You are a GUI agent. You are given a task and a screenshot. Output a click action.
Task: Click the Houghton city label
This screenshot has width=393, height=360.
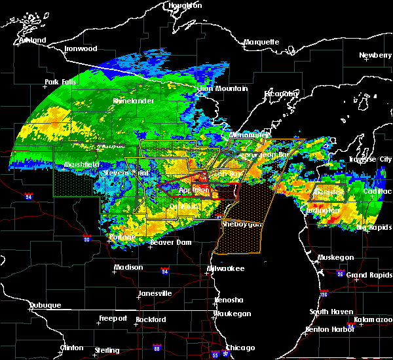point(185,5)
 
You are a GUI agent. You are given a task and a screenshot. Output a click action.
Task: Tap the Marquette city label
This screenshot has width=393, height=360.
point(261,43)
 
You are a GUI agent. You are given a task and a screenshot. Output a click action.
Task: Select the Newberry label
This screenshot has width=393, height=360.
point(375,56)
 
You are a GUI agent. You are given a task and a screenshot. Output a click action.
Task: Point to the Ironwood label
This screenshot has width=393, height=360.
point(81,49)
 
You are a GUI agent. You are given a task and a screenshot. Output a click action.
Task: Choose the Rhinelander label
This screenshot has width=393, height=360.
point(132,101)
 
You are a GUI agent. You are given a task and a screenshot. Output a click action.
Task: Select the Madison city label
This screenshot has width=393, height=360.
point(128,267)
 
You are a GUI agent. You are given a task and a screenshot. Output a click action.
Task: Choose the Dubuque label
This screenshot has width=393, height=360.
point(45,305)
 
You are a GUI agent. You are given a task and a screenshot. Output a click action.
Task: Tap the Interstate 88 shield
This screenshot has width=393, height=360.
point(156,348)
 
